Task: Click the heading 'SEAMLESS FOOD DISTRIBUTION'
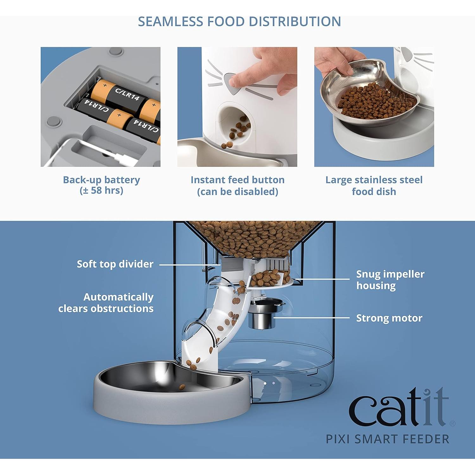pos(239,22)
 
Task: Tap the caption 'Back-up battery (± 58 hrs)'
pos(101,185)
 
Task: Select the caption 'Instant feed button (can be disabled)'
pos(237,186)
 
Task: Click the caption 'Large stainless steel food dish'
pos(374,186)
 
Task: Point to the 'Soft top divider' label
pos(115,264)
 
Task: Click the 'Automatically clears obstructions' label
pos(106,303)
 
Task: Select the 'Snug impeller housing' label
pos(390,280)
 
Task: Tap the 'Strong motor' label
pos(389,318)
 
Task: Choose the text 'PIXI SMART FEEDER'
pos(388,439)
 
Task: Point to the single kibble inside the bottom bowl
pos(182,387)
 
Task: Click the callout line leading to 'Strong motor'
pos(312,317)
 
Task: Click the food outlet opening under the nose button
pos(234,127)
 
